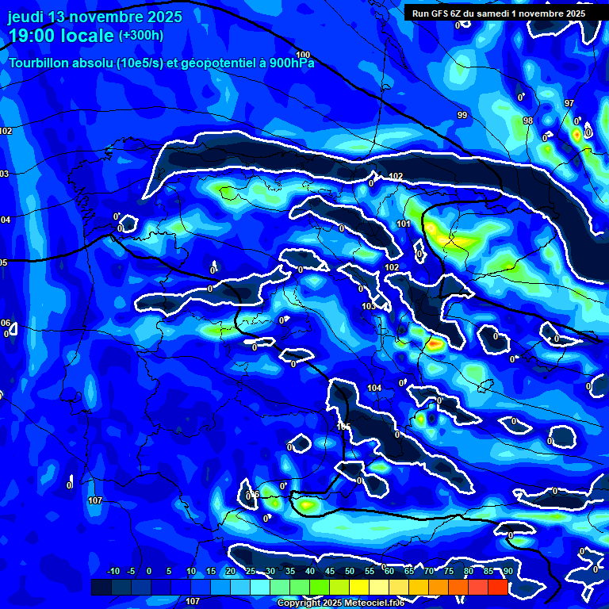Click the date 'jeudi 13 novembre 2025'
95,17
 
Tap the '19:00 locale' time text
60,36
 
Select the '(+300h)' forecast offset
140,36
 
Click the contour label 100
303,55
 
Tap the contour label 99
462,115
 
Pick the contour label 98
528,121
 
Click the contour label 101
404,224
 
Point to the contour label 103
369,306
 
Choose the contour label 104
375,388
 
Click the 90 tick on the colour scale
507,571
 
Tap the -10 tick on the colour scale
113,571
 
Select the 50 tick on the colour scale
349,571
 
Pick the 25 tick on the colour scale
251,571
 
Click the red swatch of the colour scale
497,587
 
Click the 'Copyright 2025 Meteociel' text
341,603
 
